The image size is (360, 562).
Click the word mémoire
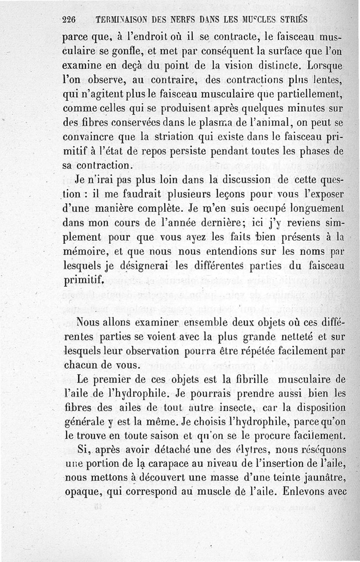pyautogui.click(x=84, y=253)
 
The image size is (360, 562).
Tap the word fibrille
pyautogui.click(x=243, y=380)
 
